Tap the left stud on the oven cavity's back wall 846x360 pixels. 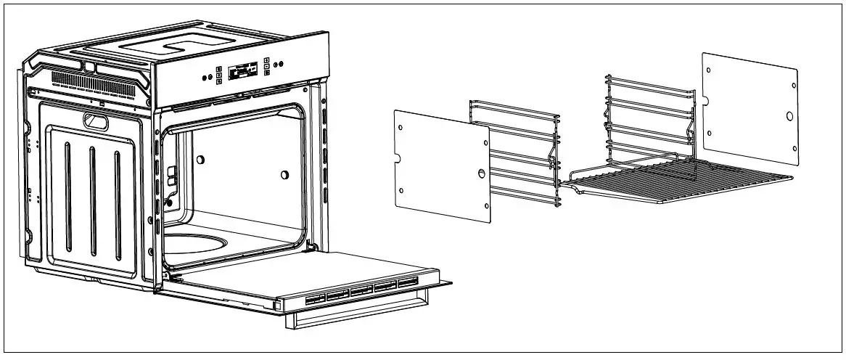pyautogui.click(x=200, y=159)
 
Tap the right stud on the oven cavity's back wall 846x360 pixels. pyautogui.click(x=285, y=174)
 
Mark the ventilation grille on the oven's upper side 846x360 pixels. pyautogui.click(x=94, y=81)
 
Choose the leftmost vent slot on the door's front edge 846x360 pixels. pyautogui.click(x=314, y=298)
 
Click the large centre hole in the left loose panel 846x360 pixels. pyautogui.click(x=480, y=172)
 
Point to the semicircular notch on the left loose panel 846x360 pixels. pyautogui.click(x=397, y=157)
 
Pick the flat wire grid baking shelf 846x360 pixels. pyautogui.click(x=682, y=181)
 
